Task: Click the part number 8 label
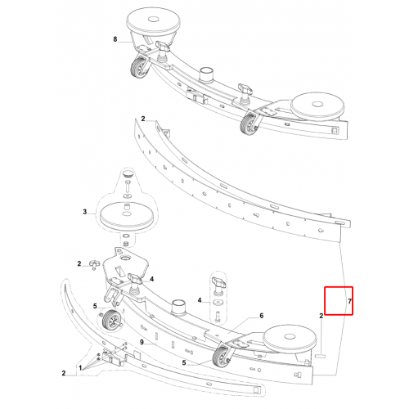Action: coord(115,39)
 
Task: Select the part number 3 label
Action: coord(85,212)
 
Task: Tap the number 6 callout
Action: coord(262,316)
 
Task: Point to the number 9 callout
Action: coord(142,342)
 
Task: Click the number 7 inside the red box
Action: coord(350,301)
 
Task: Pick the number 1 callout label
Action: coord(80,368)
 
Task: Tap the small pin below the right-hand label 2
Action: coord(321,356)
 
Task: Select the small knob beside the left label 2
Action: coord(94,264)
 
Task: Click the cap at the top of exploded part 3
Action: coord(128,173)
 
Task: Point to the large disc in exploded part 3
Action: coord(127,215)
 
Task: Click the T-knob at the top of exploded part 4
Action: coord(218,282)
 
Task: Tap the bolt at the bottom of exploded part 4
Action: coord(218,317)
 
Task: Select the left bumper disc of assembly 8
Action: coord(153,24)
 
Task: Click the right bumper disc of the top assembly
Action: coord(317,107)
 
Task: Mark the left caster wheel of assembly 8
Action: coord(139,68)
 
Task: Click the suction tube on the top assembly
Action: coord(206,74)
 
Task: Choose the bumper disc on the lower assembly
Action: coord(290,339)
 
